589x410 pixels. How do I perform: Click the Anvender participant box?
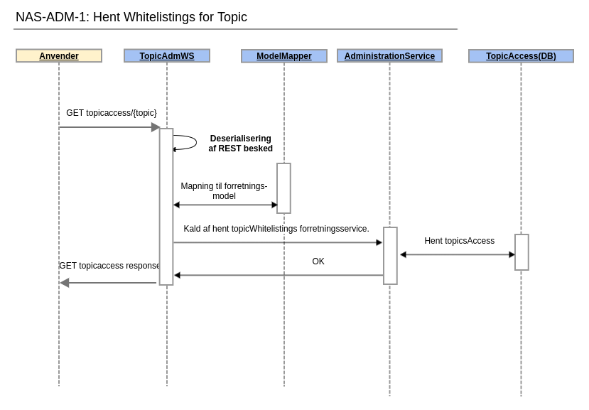pos(59,56)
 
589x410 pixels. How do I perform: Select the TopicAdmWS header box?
pos(167,56)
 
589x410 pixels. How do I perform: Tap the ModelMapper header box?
pos(284,56)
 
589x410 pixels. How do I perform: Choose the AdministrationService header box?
pos(389,56)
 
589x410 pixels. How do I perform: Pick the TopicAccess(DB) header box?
pos(521,56)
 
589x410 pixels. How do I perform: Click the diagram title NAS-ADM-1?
pos(131,17)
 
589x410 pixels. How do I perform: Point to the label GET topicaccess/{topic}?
pos(112,113)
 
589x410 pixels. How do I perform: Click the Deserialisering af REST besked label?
pos(240,144)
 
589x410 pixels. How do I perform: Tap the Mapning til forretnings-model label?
pos(224,191)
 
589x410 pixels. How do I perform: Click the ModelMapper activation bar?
pos(283,188)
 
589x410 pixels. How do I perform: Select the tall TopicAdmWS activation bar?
pos(166,207)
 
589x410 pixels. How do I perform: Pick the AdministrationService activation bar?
pos(390,256)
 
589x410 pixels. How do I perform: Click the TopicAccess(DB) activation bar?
pos(522,252)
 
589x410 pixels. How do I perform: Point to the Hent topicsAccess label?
pos(459,241)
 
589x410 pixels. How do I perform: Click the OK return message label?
pos(318,261)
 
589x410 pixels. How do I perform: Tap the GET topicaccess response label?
pos(110,266)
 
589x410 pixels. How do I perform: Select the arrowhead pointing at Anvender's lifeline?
pos(65,283)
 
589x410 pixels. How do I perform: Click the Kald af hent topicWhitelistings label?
pos(276,229)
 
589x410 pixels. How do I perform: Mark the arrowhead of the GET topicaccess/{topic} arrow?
pos(156,127)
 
